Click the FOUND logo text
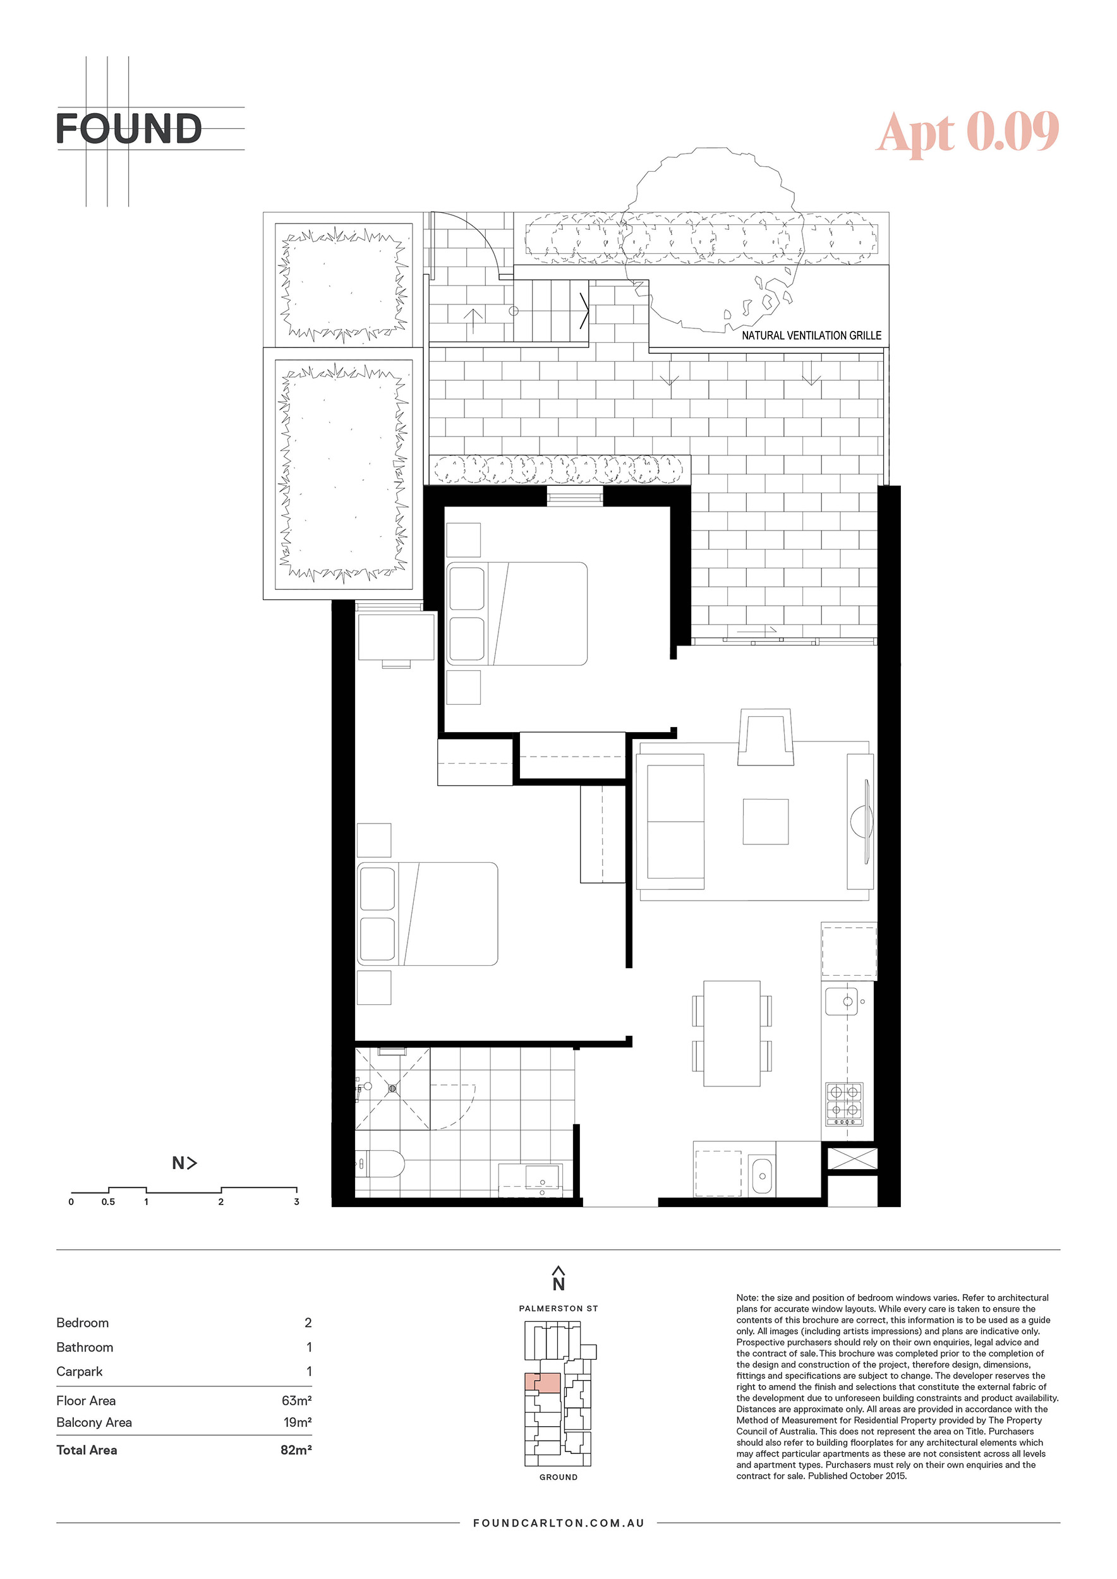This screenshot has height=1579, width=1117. [129, 129]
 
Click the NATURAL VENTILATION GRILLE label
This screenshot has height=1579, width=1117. [811, 335]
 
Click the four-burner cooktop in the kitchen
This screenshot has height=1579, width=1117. [844, 1103]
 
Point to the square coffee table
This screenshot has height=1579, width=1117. [766, 821]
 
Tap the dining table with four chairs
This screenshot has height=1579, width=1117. [732, 1033]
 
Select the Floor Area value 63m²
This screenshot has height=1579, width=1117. [296, 1400]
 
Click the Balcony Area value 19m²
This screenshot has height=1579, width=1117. [298, 1422]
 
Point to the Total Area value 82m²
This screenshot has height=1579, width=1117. [296, 1450]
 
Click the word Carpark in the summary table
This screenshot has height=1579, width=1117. [79, 1371]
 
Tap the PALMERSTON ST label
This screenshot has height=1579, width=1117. [558, 1308]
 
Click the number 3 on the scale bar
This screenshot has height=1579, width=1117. [296, 1201]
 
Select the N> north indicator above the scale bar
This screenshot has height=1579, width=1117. [184, 1163]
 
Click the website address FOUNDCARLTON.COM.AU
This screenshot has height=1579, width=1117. [558, 1542]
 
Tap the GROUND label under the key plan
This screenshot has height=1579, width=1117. [558, 1477]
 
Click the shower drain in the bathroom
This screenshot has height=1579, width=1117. [392, 1089]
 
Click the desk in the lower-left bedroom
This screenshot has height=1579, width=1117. [396, 637]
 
